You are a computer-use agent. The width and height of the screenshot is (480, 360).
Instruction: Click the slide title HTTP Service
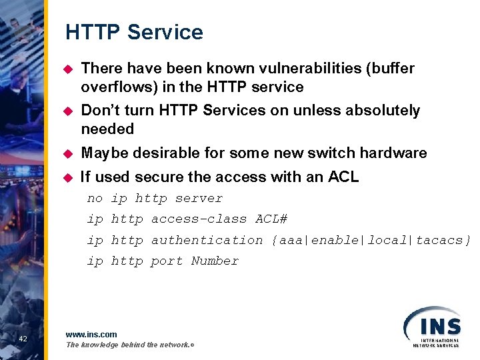point(134,32)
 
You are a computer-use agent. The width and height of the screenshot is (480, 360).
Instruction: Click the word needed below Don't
point(107,129)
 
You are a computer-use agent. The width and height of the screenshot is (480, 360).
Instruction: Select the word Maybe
point(103,153)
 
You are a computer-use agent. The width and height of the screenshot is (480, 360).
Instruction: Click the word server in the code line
point(199,198)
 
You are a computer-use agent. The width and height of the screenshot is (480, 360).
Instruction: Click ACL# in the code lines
point(271,219)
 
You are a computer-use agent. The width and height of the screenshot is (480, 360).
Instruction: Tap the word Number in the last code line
point(215,261)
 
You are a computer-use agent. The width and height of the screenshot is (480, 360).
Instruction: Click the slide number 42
point(23,339)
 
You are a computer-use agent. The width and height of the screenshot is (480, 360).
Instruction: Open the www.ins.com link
point(91,334)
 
